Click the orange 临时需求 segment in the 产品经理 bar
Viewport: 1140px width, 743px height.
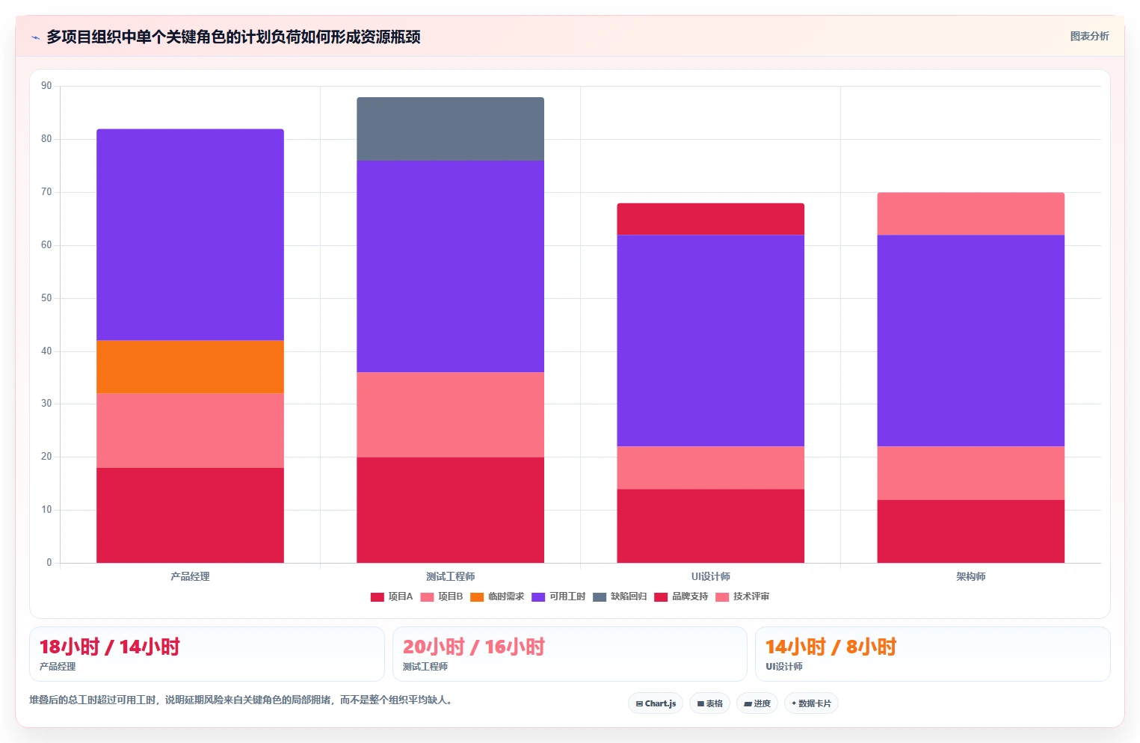click(x=191, y=366)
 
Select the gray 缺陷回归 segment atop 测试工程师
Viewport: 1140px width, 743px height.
click(x=451, y=129)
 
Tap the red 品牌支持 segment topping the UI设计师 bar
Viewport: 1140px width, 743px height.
click(x=710, y=219)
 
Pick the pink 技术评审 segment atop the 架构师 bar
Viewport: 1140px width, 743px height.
click(x=970, y=214)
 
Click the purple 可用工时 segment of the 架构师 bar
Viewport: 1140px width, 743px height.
click(x=970, y=340)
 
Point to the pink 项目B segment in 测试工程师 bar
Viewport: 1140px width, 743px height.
click(x=451, y=415)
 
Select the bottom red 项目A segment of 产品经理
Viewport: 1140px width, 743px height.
click(x=191, y=515)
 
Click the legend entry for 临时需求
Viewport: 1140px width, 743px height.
click(x=497, y=596)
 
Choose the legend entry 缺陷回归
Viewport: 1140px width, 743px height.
click(x=620, y=596)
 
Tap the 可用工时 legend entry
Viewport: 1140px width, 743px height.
click(x=558, y=596)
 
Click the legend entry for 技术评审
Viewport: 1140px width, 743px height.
click(x=742, y=596)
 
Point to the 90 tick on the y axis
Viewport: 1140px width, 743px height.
click(x=46, y=85)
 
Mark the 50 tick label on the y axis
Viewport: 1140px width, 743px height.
click(x=46, y=297)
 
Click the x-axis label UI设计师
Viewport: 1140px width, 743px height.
click(x=710, y=576)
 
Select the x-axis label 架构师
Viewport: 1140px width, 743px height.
click(x=970, y=576)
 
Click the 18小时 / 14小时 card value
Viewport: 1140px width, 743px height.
click(x=109, y=647)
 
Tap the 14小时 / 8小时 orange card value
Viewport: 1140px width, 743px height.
click(x=831, y=647)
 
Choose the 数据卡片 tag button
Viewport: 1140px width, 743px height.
click(x=811, y=703)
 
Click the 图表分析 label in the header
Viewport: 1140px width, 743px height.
click(x=1090, y=36)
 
